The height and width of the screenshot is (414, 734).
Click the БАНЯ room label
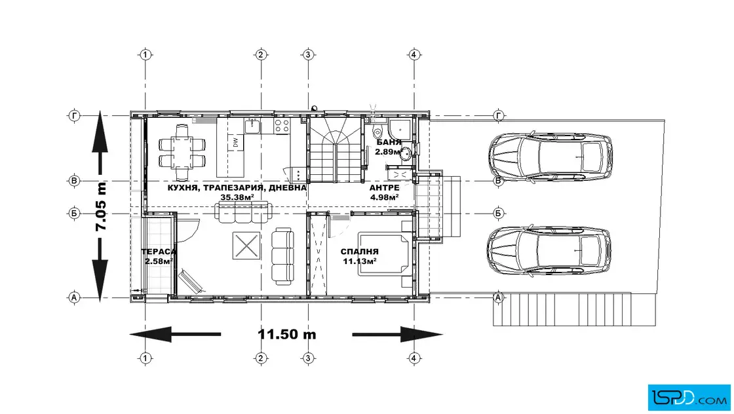pyautogui.click(x=389, y=142)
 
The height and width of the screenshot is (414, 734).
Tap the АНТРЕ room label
pyautogui.click(x=384, y=187)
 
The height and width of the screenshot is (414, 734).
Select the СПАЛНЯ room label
pyautogui.click(x=360, y=252)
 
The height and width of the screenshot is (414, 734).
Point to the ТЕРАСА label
pyautogui.click(x=159, y=252)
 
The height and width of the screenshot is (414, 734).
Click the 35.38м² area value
pyautogui.click(x=237, y=197)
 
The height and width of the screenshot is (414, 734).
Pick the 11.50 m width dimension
pyautogui.click(x=287, y=335)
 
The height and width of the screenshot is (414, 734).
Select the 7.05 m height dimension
pyautogui.click(x=101, y=206)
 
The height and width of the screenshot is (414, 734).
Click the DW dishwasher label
pyautogui.click(x=235, y=141)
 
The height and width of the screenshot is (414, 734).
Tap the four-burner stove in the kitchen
pyautogui.click(x=282, y=125)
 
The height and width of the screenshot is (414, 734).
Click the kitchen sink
pyautogui.click(x=252, y=125)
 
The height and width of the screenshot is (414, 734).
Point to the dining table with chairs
pyautogui.click(x=182, y=146)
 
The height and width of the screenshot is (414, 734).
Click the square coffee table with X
pyautogui.click(x=246, y=246)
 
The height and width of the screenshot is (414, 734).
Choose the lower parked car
pyautogui.click(x=549, y=250)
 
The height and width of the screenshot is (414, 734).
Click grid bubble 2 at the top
pyautogui.click(x=261, y=55)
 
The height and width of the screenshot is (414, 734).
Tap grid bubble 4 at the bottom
pyautogui.click(x=414, y=358)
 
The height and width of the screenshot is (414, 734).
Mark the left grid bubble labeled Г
pyautogui.click(x=74, y=115)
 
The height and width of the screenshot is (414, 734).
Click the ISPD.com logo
pyautogui.click(x=689, y=398)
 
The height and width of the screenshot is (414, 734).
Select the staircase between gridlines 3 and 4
pyautogui.click(x=336, y=150)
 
